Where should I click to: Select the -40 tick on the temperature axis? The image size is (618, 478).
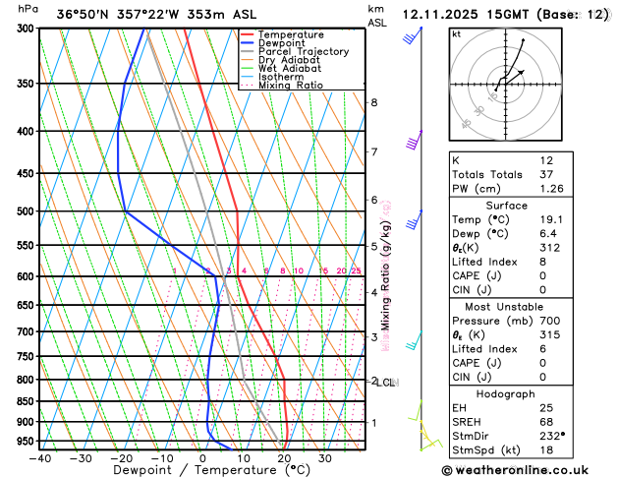pos(40,458)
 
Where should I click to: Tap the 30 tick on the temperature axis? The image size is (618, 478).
pos(324,458)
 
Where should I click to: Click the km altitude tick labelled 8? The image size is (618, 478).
pos(373,102)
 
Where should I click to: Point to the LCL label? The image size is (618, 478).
pos(386,383)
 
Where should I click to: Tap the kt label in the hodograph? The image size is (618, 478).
pos(456,34)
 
